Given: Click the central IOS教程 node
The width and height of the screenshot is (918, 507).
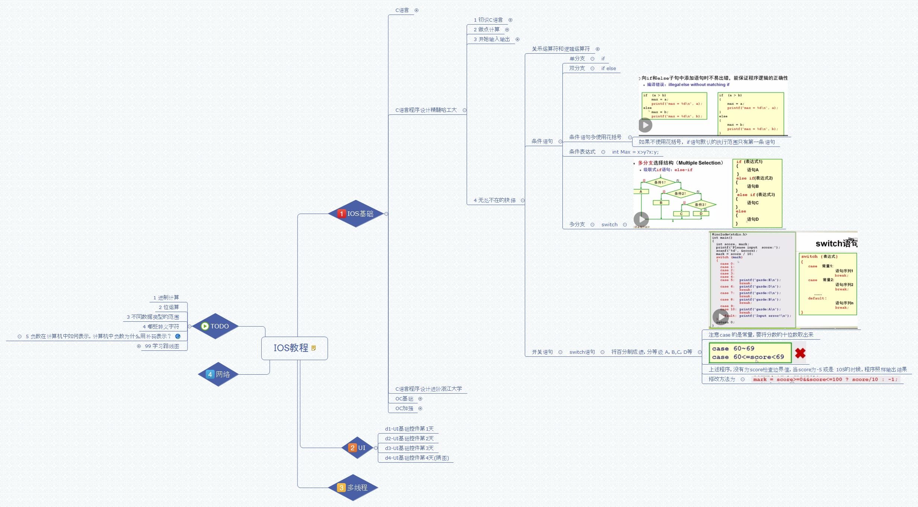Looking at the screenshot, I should (x=291, y=348).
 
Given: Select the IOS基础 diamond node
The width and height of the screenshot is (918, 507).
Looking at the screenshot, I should (x=356, y=214).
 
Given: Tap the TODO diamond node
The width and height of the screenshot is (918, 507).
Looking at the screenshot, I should (x=215, y=326).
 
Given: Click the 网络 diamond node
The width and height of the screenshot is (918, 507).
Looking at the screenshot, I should (x=218, y=374).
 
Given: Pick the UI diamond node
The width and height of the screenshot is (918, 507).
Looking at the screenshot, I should (x=357, y=448).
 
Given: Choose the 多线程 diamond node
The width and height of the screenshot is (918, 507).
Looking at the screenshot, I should (x=353, y=488).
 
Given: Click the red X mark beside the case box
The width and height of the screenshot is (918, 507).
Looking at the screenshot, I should (x=800, y=353).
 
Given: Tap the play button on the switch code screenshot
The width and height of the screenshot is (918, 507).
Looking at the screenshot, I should (x=720, y=317).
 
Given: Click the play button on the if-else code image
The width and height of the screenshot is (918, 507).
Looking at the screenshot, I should (x=645, y=125).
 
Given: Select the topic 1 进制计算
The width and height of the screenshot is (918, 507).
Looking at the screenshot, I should (x=166, y=297).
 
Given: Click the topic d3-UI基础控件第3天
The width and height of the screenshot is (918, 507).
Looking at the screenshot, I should (x=409, y=448).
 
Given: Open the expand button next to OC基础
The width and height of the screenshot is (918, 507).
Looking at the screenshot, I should (x=420, y=399).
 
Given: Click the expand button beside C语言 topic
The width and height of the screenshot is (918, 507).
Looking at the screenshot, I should (x=417, y=10).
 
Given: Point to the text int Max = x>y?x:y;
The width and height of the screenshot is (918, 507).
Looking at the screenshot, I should (x=635, y=152).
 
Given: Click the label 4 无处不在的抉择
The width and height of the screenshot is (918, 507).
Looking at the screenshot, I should (x=494, y=201).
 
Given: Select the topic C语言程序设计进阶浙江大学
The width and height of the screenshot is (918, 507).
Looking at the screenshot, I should (x=428, y=389).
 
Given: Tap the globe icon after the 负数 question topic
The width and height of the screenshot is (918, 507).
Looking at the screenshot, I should (x=178, y=336).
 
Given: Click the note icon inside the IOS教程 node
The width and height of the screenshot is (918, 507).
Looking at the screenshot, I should (x=314, y=348).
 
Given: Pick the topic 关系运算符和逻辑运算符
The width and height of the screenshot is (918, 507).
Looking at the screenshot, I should (x=561, y=49).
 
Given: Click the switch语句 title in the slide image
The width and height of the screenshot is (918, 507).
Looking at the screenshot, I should (x=836, y=244).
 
